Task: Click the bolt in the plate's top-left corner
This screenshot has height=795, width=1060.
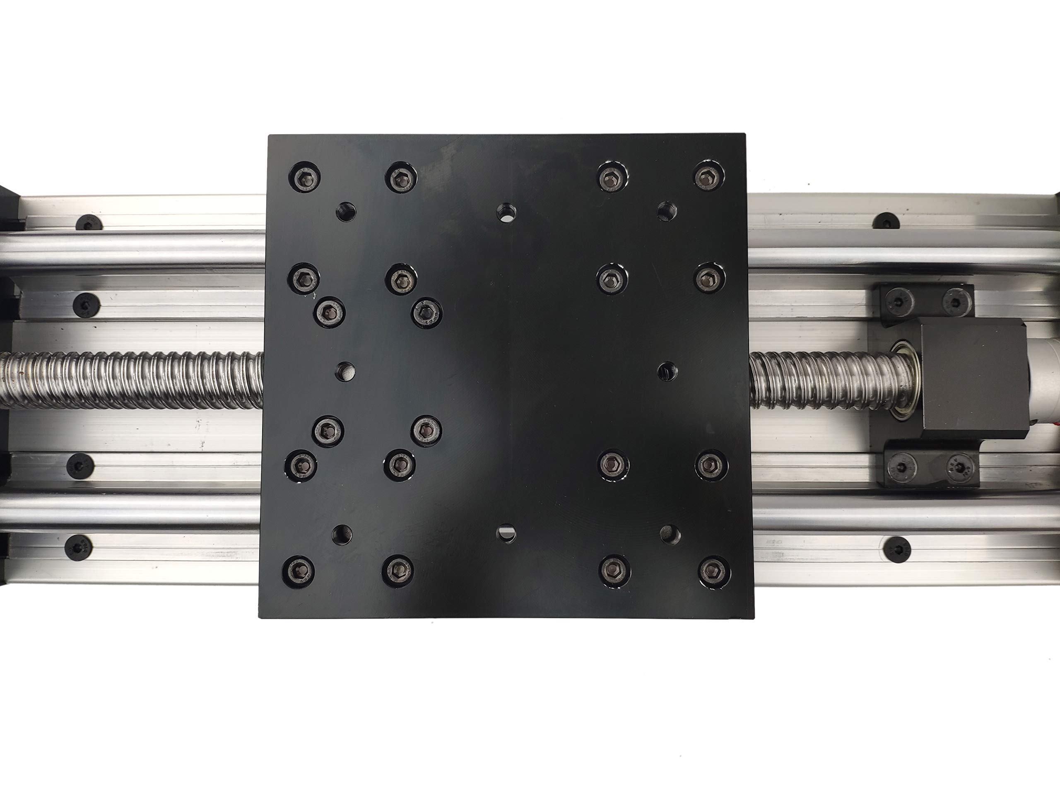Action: (304, 178)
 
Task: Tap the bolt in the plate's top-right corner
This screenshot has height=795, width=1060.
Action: (708, 176)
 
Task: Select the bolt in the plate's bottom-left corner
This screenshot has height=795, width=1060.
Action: (299, 572)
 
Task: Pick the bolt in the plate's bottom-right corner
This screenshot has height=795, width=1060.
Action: (714, 571)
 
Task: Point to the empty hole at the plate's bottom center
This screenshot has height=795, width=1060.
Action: (506, 532)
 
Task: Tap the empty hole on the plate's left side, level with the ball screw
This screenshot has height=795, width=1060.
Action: (345, 371)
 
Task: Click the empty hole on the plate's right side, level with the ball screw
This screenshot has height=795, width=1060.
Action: (667, 371)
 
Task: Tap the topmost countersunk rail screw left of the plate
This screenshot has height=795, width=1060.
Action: (89, 223)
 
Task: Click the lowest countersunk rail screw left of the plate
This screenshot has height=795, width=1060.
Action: (78, 547)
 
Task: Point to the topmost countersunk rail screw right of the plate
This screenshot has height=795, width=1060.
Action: (886, 221)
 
